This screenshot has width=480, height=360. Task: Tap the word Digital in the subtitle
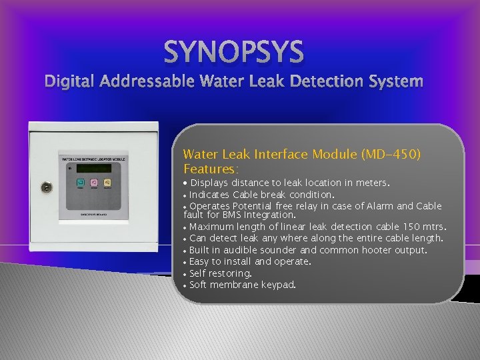tap(69, 81)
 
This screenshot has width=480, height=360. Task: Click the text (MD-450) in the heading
tap(390, 154)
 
